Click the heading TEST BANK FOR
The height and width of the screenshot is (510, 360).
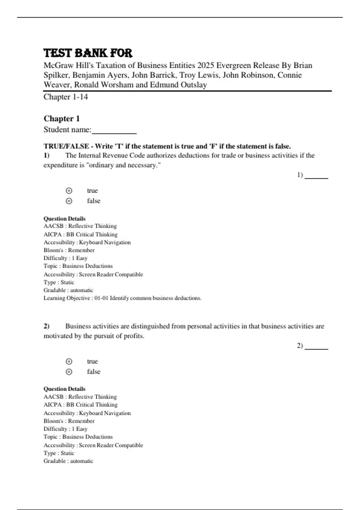point(88,53)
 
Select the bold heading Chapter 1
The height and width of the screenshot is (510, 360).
point(61,118)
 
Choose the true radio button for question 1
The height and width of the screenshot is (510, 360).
point(69,191)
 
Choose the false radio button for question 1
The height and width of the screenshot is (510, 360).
point(69,201)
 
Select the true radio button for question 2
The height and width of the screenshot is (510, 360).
point(69,361)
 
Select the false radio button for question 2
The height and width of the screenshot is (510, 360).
point(69,372)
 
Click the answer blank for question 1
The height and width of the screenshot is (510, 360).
point(316,176)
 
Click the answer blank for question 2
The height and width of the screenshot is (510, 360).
point(316,346)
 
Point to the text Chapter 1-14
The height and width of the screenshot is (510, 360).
point(66,97)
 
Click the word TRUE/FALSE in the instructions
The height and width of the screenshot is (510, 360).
point(66,146)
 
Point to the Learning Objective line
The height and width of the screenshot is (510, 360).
point(122,298)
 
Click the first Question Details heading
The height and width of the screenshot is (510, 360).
point(64,219)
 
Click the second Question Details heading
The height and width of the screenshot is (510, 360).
point(64,389)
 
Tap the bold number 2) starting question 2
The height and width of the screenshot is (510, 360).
point(46,326)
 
